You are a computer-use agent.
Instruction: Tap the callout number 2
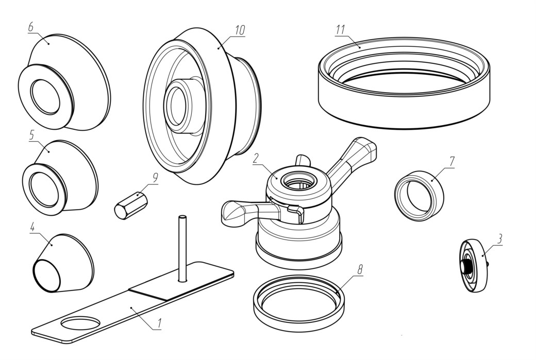tap(256, 159)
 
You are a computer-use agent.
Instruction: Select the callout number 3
tap(499, 239)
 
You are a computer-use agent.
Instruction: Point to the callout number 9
tap(155, 178)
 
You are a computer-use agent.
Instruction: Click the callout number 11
tap(340, 30)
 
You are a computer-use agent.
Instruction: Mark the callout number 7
tap(452, 162)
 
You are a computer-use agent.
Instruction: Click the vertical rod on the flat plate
tap(182, 249)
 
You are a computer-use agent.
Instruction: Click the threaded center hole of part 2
tap(297, 181)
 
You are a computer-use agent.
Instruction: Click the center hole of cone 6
tap(45, 97)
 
